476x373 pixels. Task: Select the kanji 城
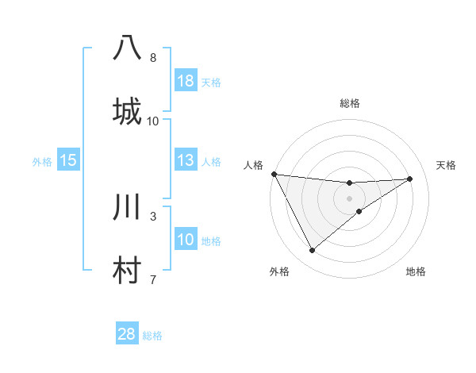coord(128,111)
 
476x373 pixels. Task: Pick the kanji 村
coord(128,270)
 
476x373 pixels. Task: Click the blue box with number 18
coord(186,80)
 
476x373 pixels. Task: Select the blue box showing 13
coord(186,160)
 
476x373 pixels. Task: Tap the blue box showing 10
coord(186,240)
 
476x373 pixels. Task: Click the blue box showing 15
coord(68,160)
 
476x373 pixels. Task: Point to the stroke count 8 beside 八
coord(153,58)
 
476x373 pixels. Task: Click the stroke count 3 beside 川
coord(153,216)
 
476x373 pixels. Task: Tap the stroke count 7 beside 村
coord(153,279)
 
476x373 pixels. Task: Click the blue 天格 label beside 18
coord(211,82)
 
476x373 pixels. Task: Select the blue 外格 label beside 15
coord(42,162)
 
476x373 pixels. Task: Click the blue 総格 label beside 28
coord(152,336)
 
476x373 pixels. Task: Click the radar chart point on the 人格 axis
coord(274,174)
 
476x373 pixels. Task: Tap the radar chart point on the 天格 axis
coord(410,179)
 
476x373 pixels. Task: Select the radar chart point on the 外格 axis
coord(312,251)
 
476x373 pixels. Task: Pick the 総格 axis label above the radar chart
coord(350,103)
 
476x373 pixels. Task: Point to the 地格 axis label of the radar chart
coord(416,271)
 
